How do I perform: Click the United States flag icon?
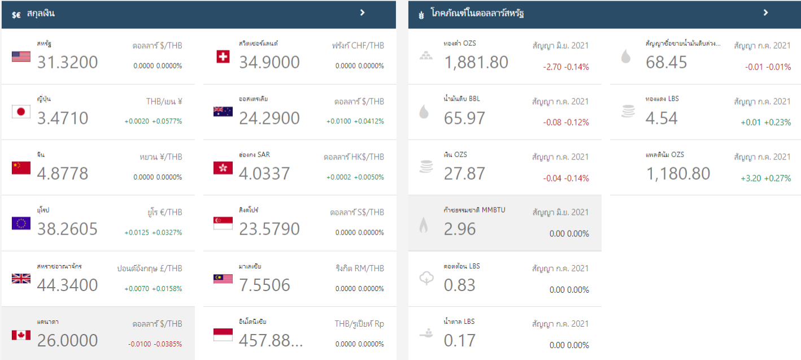click(21, 57)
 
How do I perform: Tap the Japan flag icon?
click(21, 112)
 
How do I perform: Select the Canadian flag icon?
click(21, 335)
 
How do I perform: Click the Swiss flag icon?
click(223, 57)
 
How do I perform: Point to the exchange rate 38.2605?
click(67, 229)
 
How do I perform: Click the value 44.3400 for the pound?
click(67, 285)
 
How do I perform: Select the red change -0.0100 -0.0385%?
click(155, 344)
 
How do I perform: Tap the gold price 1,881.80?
click(476, 62)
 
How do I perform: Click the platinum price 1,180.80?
click(678, 174)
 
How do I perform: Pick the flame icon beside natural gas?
click(424, 225)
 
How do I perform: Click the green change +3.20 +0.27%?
click(765, 179)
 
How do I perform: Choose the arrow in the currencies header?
click(363, 12)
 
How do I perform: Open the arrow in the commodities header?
click(766, 12)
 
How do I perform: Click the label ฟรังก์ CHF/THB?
click(358, 46)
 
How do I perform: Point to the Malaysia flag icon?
click(223, 279)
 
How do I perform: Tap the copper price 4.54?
click(661, 118)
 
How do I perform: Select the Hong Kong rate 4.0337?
click(264, 174)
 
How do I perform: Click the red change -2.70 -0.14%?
click(566, 67)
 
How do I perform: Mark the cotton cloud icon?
click(424, 279)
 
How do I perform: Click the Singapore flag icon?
click(223, 223)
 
